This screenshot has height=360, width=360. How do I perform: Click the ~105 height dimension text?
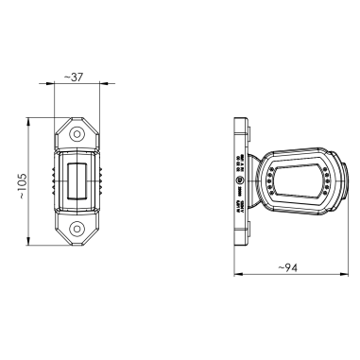click(24, 180)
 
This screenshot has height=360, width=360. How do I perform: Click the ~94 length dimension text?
click(289, 268)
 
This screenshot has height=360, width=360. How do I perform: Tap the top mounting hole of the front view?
click(76, 134)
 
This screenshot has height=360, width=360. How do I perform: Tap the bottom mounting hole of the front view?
click(76, 228)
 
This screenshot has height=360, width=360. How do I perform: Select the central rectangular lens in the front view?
click(76, 180)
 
